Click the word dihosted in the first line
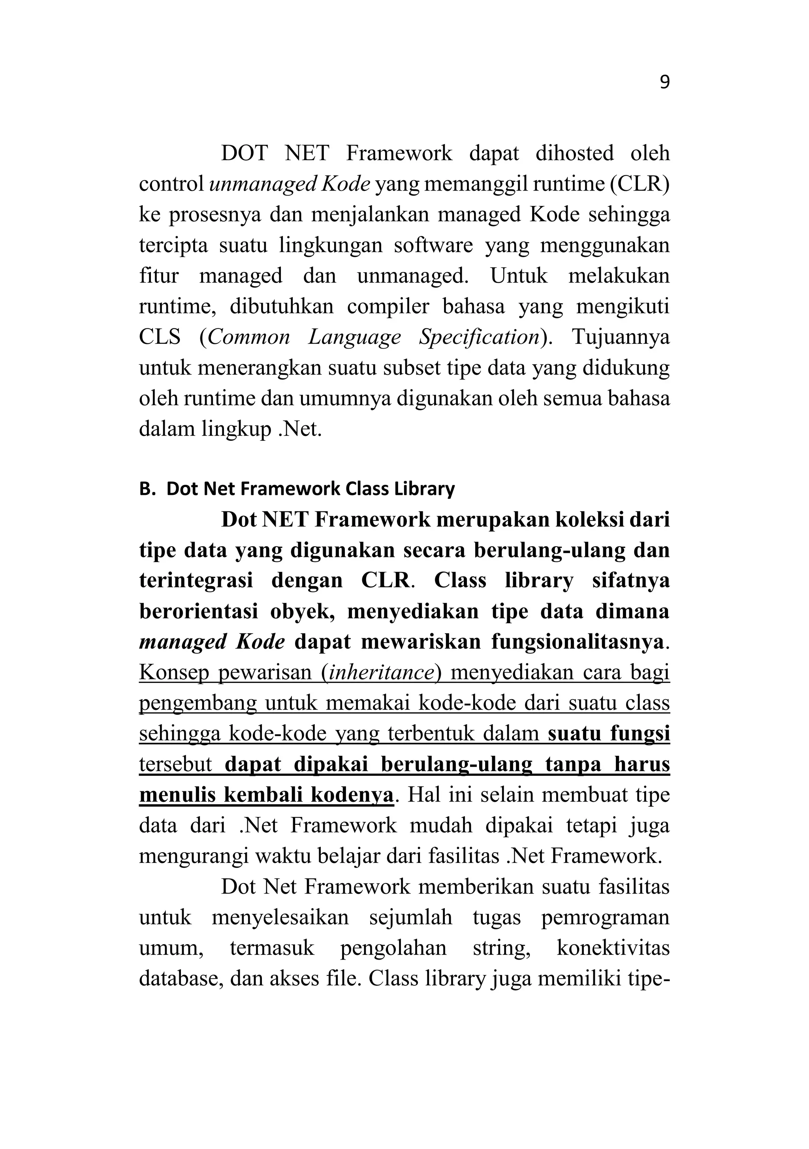pyautogui.click(x=574, y=153)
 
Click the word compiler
pyautogui.click(x=388, y=306)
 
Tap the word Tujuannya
pyautogui.click(x=620, y=337)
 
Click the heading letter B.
pyautogui.click(x=145, y=489)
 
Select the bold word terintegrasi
pyautogui.click(x=196, y=581)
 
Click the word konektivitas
pyautogui.click(x=613, y=948)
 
